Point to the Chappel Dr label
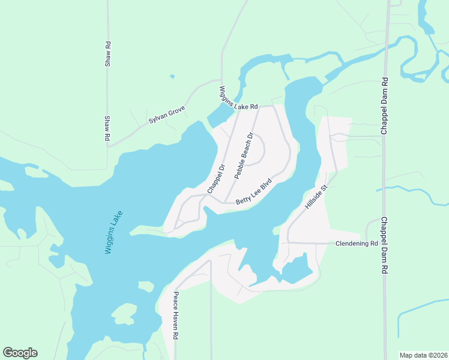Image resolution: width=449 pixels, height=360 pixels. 215,178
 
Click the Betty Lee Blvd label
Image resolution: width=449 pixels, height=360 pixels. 254,191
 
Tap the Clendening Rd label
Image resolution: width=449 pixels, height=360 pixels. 356,244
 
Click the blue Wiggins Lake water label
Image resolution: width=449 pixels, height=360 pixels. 113,232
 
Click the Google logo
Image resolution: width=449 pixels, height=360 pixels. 20,353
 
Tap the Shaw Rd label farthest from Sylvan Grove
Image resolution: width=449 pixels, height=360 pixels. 108,54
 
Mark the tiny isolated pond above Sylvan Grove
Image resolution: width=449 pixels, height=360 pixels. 172,76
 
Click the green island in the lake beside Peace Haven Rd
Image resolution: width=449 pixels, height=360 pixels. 125,313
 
